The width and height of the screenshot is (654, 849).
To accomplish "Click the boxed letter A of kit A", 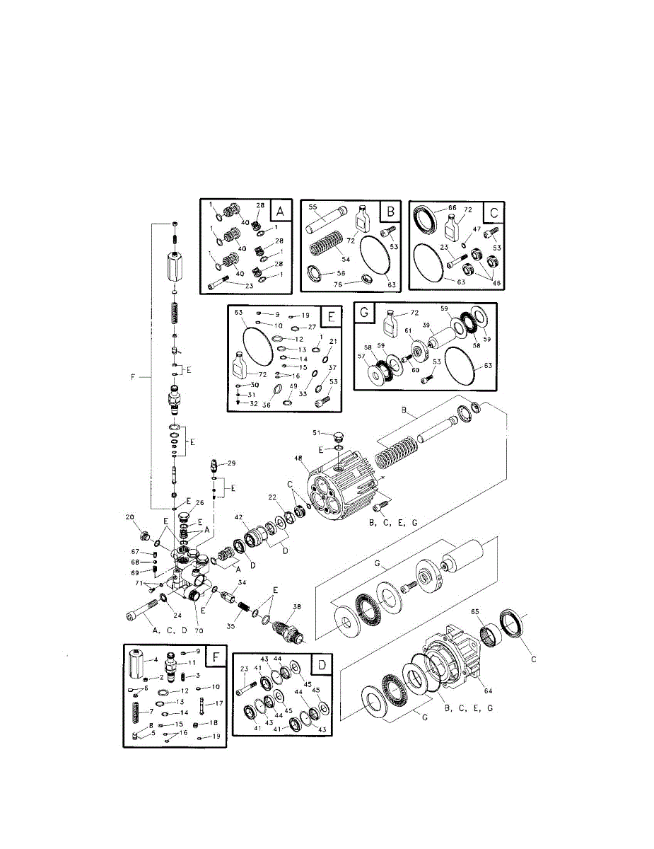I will [279, 211].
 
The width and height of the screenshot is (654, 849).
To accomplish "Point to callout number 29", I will [231, 463].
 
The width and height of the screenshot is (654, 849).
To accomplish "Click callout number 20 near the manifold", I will [129, 517].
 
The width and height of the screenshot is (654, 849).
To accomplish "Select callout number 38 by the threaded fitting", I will [296, 606].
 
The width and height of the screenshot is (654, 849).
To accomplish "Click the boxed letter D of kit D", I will [322, 665].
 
